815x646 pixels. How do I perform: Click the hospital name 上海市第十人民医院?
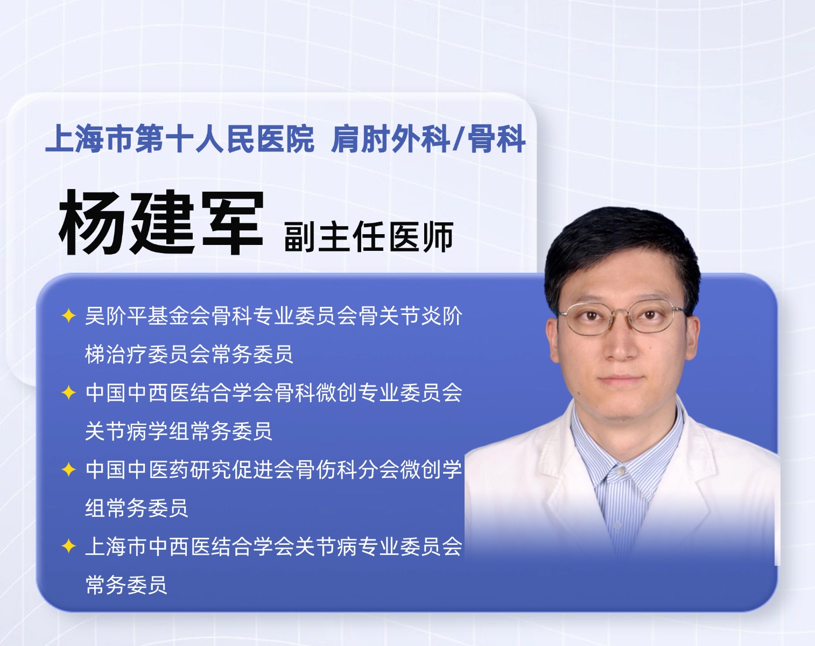coord(179,139)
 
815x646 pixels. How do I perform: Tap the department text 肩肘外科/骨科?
coord(428,139)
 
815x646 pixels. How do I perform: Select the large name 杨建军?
coord(161,222)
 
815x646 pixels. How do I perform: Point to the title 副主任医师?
coord(369,237)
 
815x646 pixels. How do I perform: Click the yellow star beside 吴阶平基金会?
coord(68,315)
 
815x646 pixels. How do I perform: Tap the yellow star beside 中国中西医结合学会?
coord(68,392)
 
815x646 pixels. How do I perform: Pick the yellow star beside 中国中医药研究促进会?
coord(68,469)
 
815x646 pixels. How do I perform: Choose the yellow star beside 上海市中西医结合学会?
coord(68,546)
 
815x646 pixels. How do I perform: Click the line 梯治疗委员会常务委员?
coord(189,354)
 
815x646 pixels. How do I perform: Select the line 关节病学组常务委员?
coord(178,431)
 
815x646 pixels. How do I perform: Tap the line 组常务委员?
coord(136,508)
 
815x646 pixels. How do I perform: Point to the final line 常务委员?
coord(126,585)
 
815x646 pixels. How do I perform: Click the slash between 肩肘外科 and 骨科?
coord(459,139)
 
